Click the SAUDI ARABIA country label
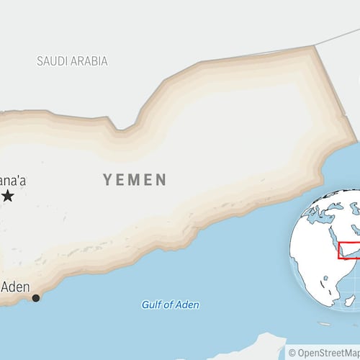(72, 60)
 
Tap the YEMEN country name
(134, 179)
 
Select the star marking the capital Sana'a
(8, 196)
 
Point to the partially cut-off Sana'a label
(12, 180)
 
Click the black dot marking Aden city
(36, 297)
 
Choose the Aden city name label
(15, 287)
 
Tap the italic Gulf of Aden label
(170, 305)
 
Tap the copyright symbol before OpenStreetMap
(292, 353)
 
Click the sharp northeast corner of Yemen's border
(315, 46)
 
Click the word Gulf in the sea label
(150, 305)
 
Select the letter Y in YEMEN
(107, 179)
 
